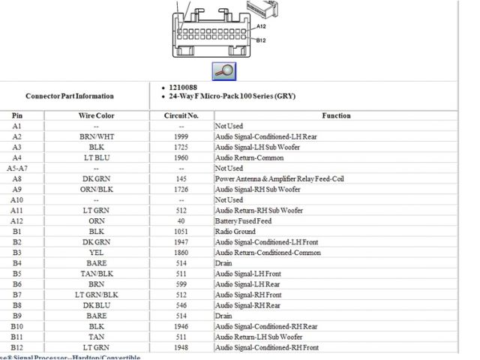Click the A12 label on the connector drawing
[x=262, y=26]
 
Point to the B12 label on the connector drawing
[x=261, y=40]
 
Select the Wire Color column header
[x=96, y=116]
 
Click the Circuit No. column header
[x=181, y=116]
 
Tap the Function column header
[x=336, y=116]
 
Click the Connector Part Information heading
[x=70, y=97]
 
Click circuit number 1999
[x=181, y=137]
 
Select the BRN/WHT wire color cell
[x=96, y=137]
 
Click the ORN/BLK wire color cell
[x=96, y=190]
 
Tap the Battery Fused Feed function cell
[x=244, y=221]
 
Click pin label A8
[x=16, y=179]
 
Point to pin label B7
[x=16, y=295]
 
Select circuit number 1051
[x=181, y=232]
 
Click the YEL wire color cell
[x=96, y=253]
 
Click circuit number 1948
[x=181, y=347]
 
